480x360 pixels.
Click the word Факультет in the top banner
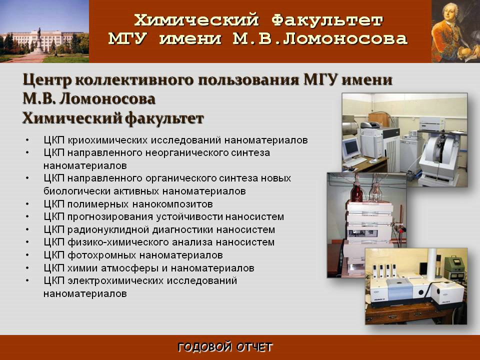click(327, 21)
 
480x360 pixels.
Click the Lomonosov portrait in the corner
click(456, 31)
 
